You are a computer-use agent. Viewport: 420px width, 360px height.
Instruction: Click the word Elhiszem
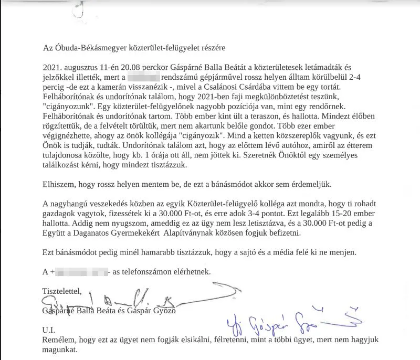point(59,185)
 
